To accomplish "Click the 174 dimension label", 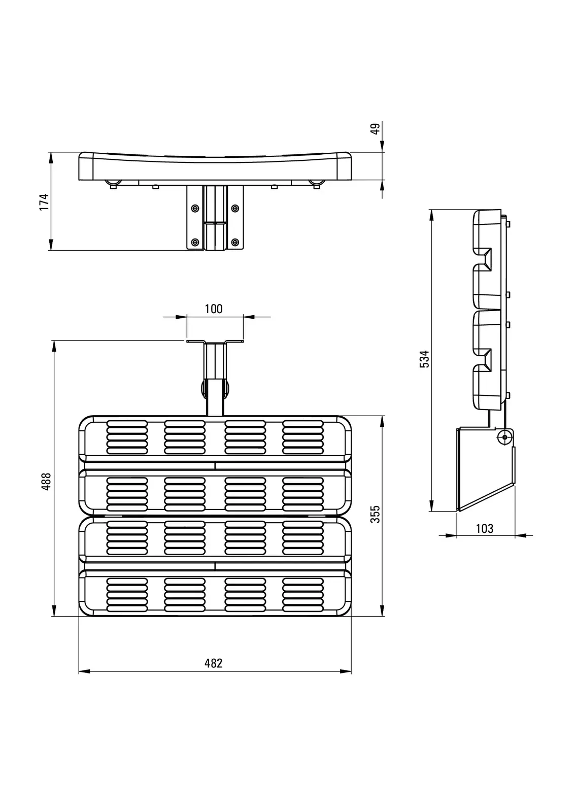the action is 44,202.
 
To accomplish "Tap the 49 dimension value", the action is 376,129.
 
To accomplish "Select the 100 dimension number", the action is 214,309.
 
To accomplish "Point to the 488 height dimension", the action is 46,482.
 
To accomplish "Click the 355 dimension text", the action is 376,514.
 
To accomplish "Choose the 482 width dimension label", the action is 213,663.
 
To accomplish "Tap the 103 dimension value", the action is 485,528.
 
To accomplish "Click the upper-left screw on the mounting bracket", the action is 195,208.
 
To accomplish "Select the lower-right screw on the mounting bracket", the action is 235,242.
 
